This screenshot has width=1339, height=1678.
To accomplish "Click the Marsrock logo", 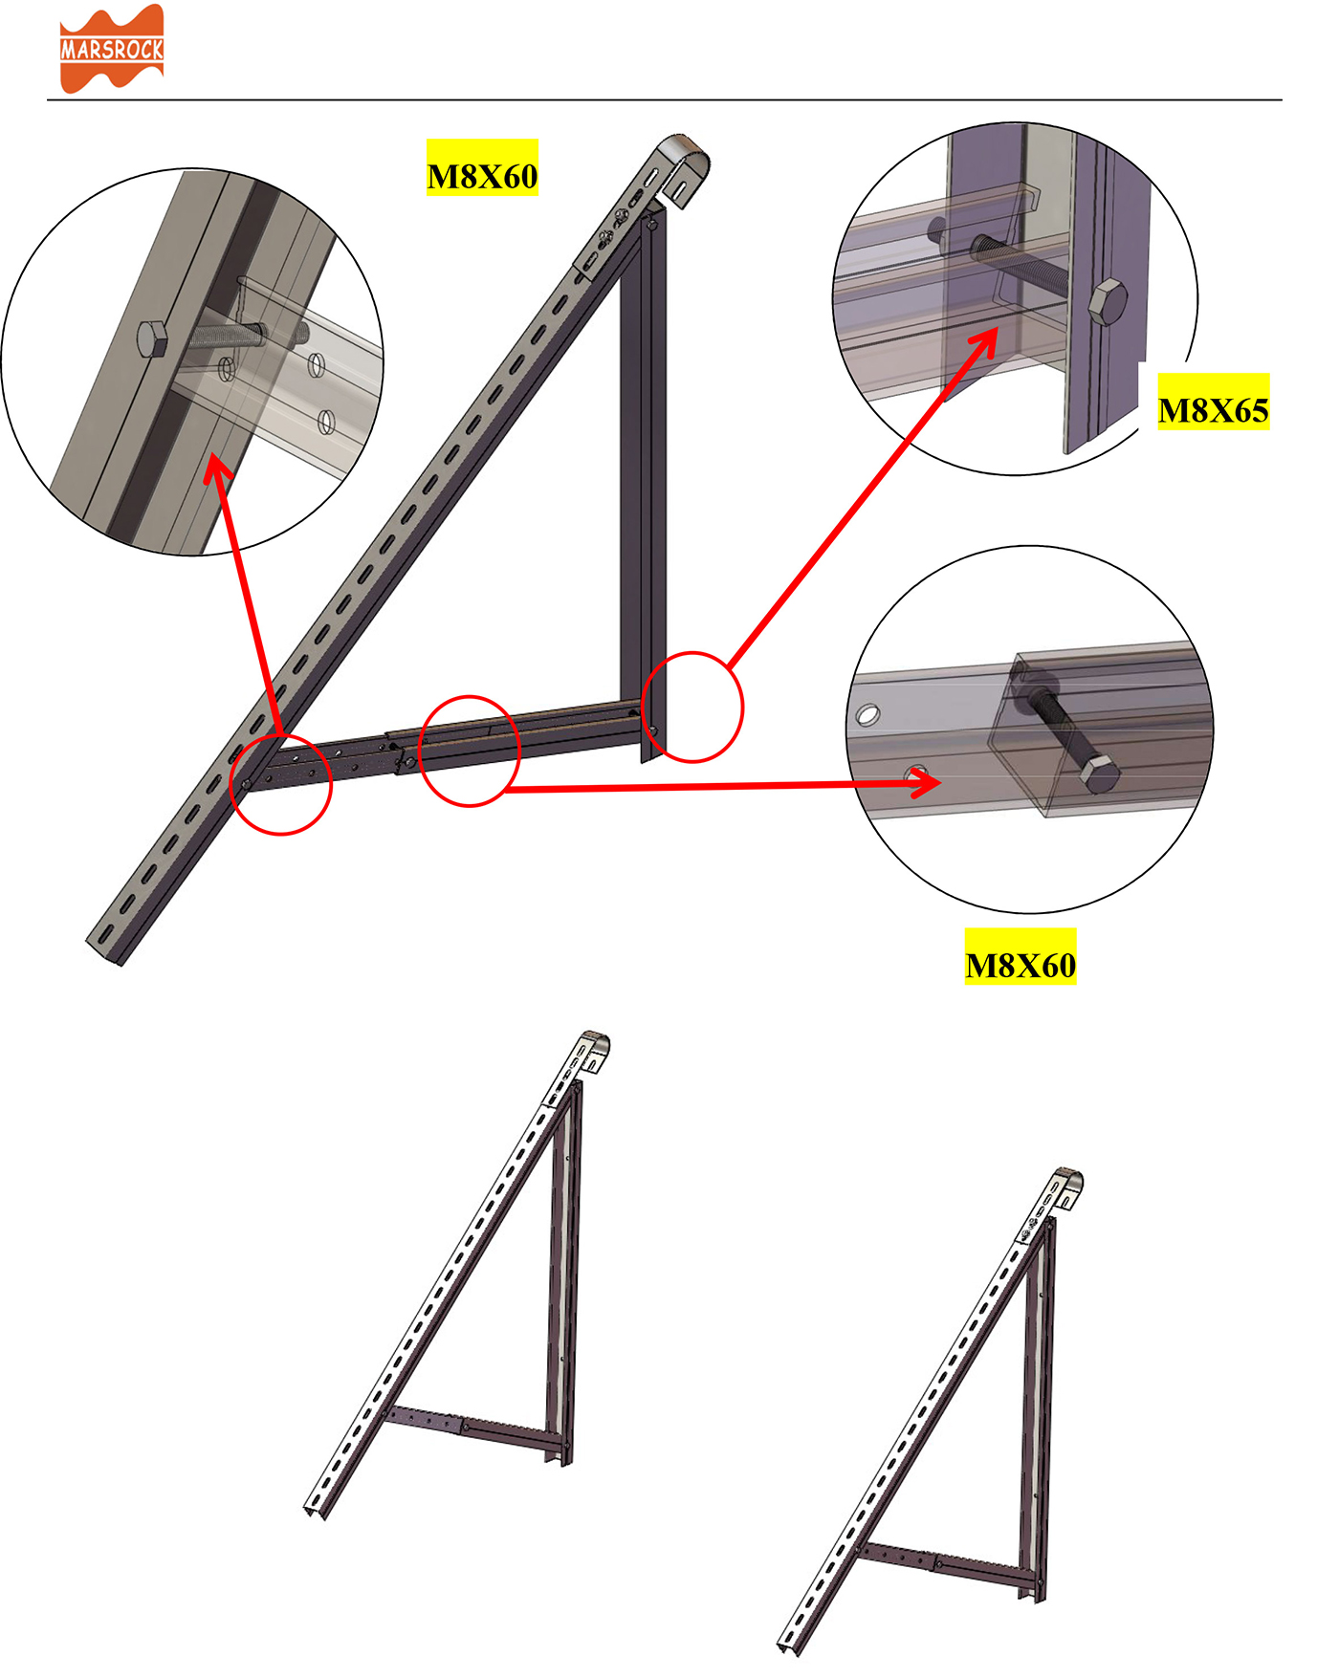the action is pyautogui.click(x=112, y=49).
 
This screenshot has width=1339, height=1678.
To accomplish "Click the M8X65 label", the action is pyautogui.click(x=1213, y=411).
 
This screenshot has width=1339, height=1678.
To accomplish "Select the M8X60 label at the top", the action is pyautogui.click(x=482, y=177).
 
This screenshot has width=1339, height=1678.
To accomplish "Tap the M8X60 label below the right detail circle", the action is pyautogui.click(x=1021, y=966).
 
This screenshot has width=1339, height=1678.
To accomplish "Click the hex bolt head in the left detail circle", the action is pyautogui.click(x=152, y=338).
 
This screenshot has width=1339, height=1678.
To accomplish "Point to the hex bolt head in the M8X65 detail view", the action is pyautogui.click(x=1108, y=302).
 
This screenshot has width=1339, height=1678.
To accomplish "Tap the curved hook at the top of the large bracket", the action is pyautogui.click(x=685, y=163).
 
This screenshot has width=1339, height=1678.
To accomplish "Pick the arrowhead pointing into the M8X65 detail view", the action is pyautogui.click(x=985, y=341).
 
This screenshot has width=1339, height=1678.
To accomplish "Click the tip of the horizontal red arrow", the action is pyautogui.click(x=941, y=784).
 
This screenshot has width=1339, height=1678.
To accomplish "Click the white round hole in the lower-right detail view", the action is pyautogui.click(x=867, y=714).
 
